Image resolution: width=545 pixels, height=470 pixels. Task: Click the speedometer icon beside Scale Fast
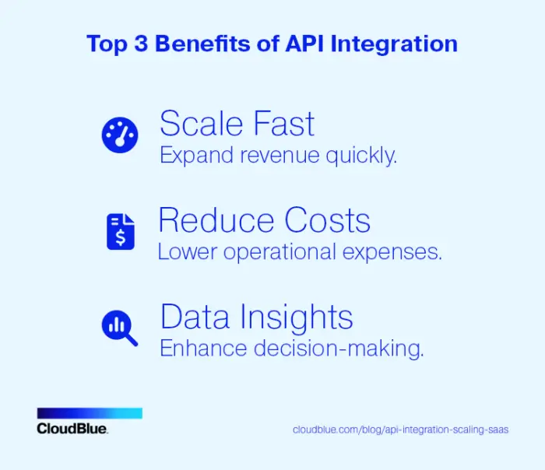coord(120,135)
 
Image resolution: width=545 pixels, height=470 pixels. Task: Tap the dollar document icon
coord(120,231)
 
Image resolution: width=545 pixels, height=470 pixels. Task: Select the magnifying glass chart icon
coord(120,328)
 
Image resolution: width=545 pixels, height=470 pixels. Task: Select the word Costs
coord(327,220)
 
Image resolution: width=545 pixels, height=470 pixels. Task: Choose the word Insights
coord(295,317)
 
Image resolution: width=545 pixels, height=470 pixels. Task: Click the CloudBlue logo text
coord(72,429)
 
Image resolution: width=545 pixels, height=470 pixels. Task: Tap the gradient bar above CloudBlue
coord(90,413)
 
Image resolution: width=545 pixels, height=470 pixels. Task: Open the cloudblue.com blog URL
coord(400,430)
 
